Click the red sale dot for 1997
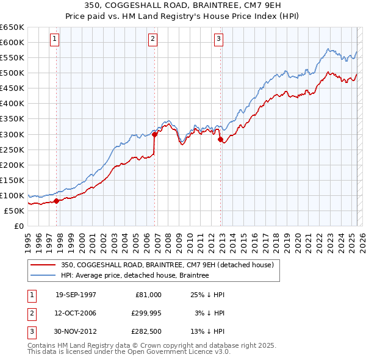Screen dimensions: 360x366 [x=56, y=200]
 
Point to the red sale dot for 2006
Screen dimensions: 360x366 [x=154, y=133]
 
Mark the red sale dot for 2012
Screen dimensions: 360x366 [x=220, y=139]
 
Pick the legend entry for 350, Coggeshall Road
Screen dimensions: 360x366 [x=170, y=265]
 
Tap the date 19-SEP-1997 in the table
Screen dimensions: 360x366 [x=76, y=295]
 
